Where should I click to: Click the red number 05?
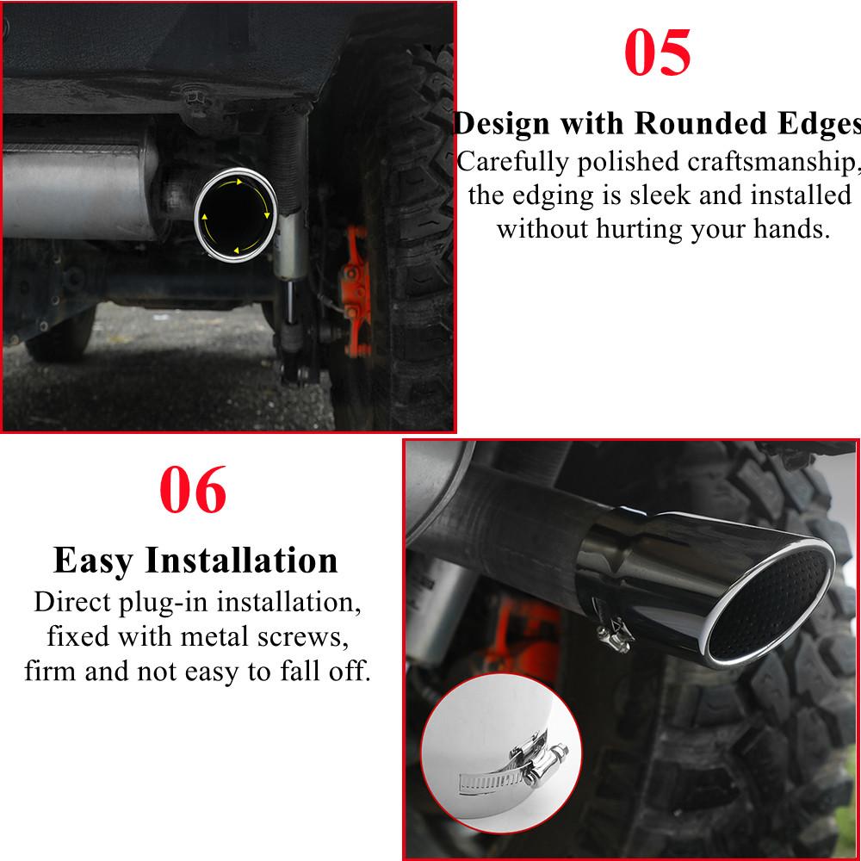coord(657,53)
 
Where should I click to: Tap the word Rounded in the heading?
coord(694,123)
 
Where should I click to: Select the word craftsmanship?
coord(771,161)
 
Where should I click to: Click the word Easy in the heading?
coord(94,560)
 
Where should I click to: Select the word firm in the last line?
coord(54,671)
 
